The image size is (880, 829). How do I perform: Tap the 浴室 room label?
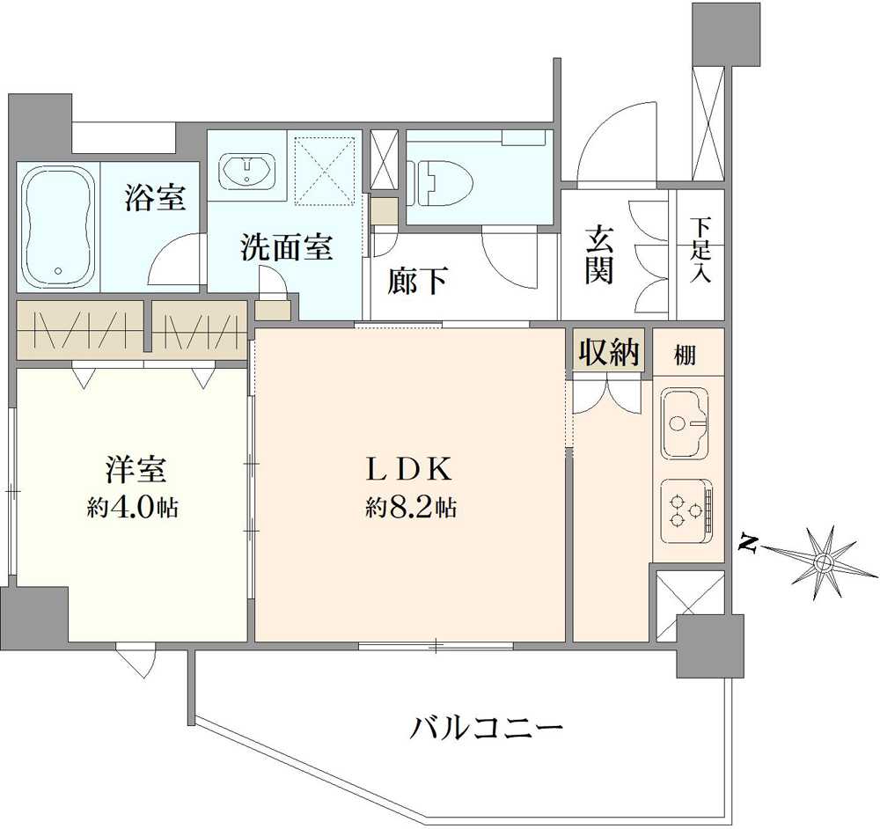[155, 198]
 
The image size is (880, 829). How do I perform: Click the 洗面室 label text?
[287, 249]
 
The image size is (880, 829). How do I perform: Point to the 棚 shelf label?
[686, 356]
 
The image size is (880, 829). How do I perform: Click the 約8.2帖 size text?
[411, 508]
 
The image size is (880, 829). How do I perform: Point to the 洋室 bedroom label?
[133, 470]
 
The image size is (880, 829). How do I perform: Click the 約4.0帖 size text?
[133, 508]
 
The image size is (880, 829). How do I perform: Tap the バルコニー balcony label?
[486, 728]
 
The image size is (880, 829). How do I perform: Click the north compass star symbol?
[824, 561]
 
